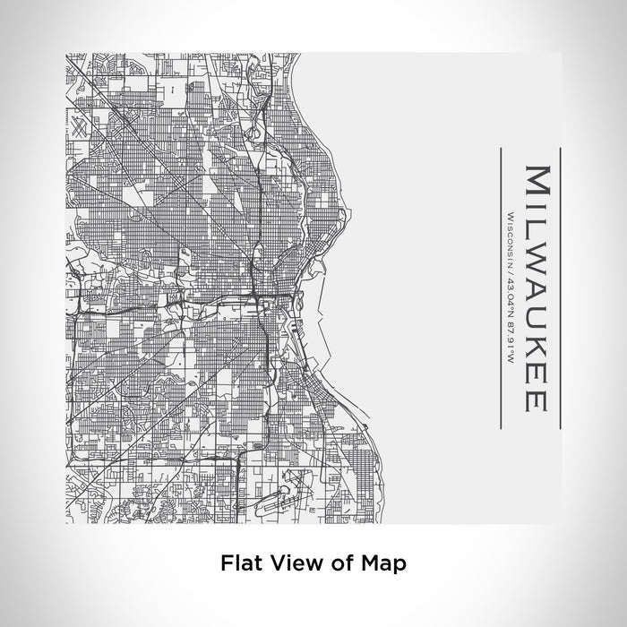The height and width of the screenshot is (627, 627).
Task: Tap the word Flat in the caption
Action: pos(237,564)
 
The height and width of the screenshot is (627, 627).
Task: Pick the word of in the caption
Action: pos(335,564)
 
